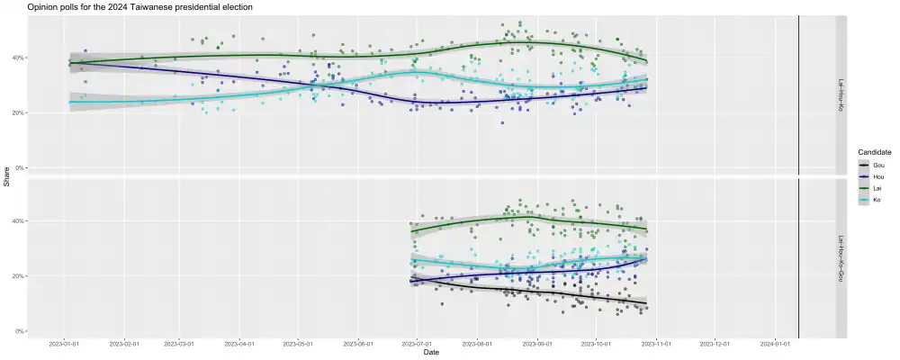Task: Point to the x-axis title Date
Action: tap(432, 352)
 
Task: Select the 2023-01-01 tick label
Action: tap(64, 343)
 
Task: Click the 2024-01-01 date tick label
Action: tap(774, 343)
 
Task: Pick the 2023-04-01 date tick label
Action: tap(240, 343)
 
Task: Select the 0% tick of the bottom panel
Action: tap(19, 331)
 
